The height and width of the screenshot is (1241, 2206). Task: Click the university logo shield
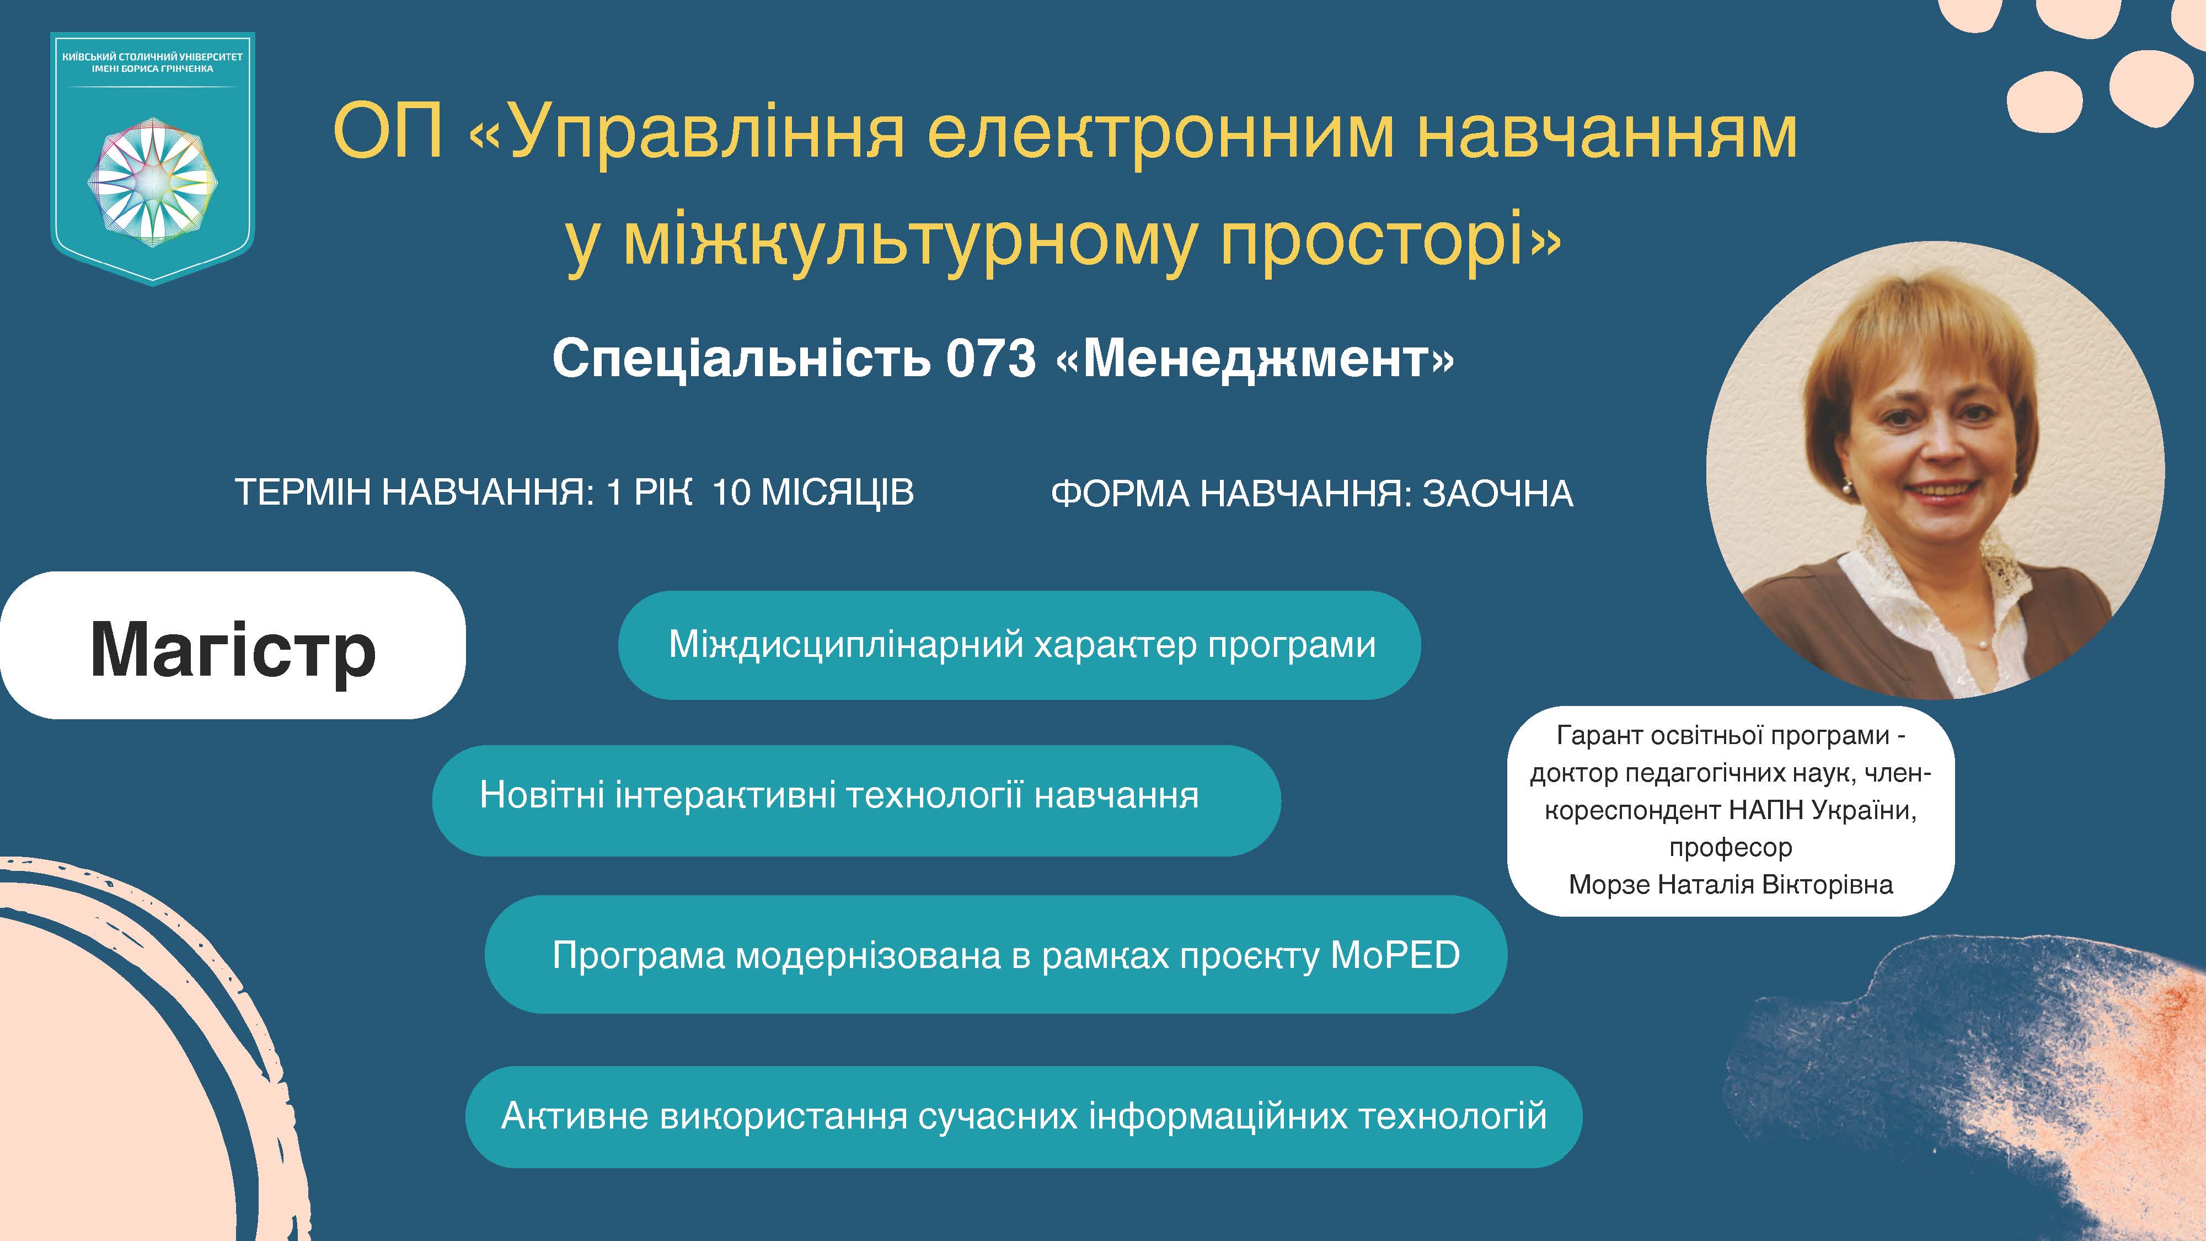point(152,158)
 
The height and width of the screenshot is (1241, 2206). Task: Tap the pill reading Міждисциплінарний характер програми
point(1019,645)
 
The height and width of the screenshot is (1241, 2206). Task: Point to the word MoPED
point(1395,955)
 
